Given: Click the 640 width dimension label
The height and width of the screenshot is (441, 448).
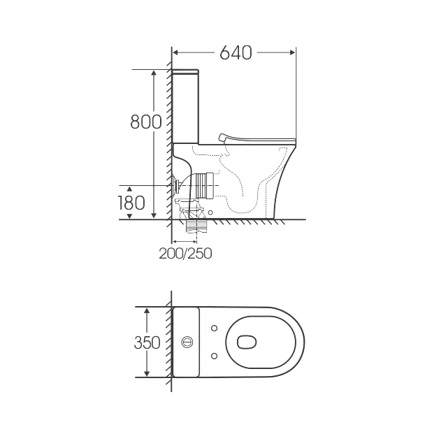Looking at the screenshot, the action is pos(236,53).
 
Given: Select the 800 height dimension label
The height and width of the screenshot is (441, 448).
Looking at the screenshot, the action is pos(146,122).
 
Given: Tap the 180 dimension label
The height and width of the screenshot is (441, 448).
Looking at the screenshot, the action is pos(131,203).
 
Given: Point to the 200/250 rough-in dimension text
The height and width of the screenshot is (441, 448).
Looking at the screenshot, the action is pos(185,253).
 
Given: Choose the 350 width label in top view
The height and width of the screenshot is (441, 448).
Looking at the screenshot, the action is pos(147,342).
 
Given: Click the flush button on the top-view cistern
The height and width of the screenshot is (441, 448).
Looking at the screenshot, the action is pos(187,342).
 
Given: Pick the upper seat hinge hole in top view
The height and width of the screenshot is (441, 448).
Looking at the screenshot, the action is pos(214,328).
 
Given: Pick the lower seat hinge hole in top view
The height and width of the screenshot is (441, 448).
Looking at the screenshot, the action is pos(214,356).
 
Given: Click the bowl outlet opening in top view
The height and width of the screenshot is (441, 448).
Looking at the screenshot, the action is pos(247,342).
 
